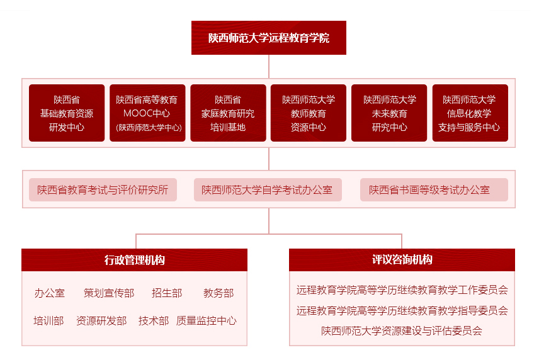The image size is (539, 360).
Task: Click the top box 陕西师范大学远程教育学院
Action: coord(268,38)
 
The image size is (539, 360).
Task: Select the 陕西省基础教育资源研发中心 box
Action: coord(67,113)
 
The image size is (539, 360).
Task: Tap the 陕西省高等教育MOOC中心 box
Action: coord(147,113)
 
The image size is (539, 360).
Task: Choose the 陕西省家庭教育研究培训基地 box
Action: coord(228,113)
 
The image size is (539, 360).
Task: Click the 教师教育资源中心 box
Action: coord(309,113)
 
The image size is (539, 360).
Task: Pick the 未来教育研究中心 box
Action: coord(389,113)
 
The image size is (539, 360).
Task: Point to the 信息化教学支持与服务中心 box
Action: coord(470,113)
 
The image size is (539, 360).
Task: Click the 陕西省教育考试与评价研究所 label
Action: coord(103,189)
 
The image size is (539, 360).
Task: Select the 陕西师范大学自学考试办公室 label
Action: coord(268,189)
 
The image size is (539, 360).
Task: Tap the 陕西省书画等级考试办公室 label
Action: coord(434,189)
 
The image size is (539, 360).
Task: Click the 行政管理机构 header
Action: coord(134,260)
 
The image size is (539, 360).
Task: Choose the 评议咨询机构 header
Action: coord(402,260)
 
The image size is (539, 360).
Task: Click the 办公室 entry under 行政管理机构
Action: coord(50,293)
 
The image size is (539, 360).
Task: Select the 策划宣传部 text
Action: coord(109,293)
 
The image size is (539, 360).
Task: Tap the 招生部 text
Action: coord(167,293)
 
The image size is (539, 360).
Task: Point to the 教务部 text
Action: coord(218,293)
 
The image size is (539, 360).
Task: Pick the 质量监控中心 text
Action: coord(207,320)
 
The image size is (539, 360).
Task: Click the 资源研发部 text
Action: coord(101,320)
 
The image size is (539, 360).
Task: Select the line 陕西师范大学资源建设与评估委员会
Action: coord(402,331)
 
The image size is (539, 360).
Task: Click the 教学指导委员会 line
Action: coord(402,310)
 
